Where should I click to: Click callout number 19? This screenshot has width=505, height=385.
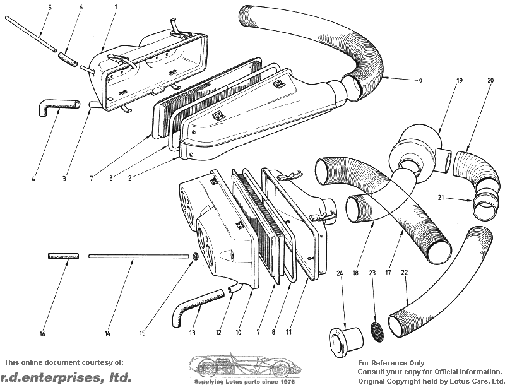coord(460,81)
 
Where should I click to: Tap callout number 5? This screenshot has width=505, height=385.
coord(50,7)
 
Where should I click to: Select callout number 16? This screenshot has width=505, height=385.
coord(42,334)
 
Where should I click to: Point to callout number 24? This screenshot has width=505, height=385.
coord(340,273)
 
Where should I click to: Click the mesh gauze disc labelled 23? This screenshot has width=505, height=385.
coord(377,332)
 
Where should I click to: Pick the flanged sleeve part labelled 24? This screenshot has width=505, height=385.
coord(345,342)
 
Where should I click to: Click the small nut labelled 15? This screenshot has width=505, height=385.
coord(195,256)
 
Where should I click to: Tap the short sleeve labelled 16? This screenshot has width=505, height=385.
coord(64,256)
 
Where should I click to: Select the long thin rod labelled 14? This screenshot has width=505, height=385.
coord(138,256)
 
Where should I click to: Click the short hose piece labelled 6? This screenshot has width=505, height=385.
coord(68,60)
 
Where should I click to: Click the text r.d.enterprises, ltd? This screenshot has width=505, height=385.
coord(66,377)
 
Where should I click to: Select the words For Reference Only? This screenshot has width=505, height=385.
coord(391,363)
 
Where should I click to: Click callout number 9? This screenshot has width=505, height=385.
coord(420,81)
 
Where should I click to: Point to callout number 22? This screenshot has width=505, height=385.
coord(405,273)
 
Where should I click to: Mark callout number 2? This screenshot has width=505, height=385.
coord(130,178)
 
